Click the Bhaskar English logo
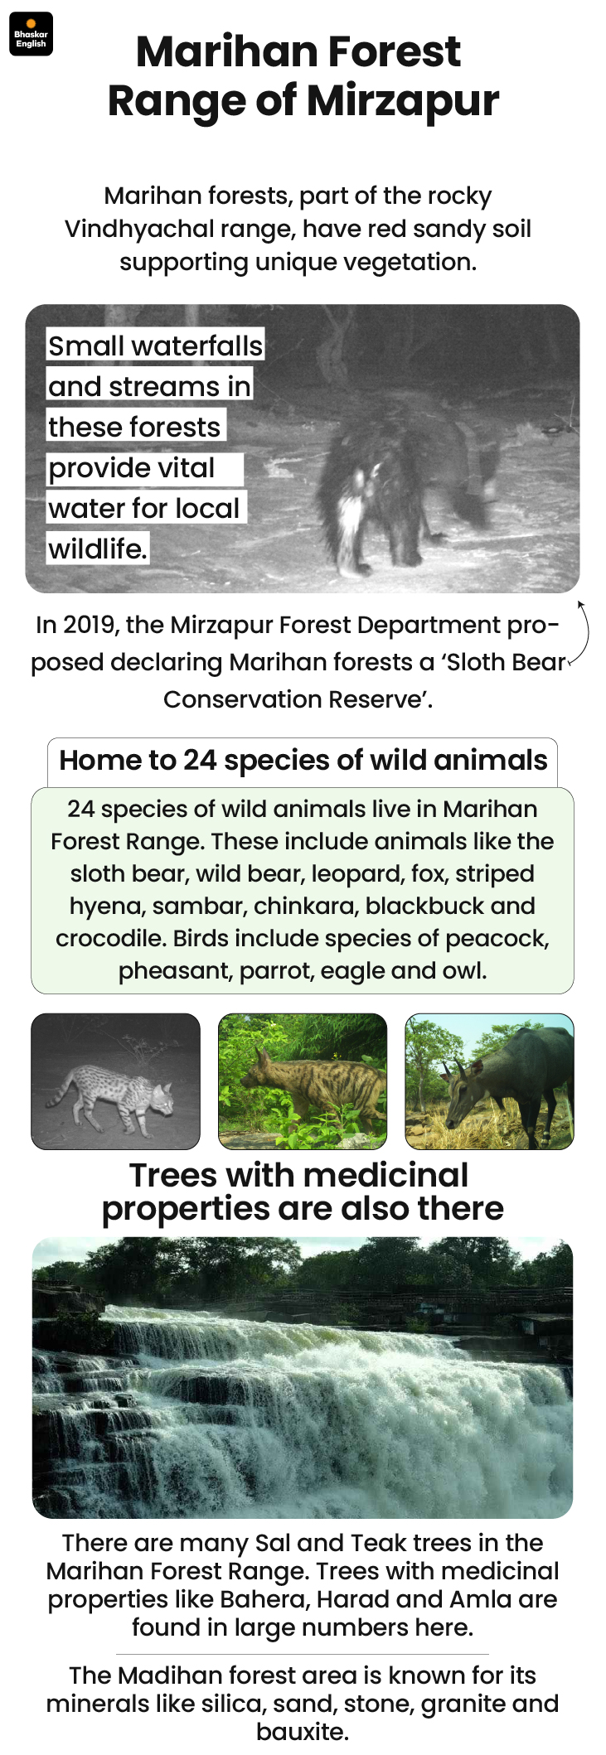click(31, 34)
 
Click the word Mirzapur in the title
click(403, 101)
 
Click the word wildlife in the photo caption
click(96, 549)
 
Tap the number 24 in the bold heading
click(200, 760)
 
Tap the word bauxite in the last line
click(301, 1732)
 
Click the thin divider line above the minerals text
click(303, 1653)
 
